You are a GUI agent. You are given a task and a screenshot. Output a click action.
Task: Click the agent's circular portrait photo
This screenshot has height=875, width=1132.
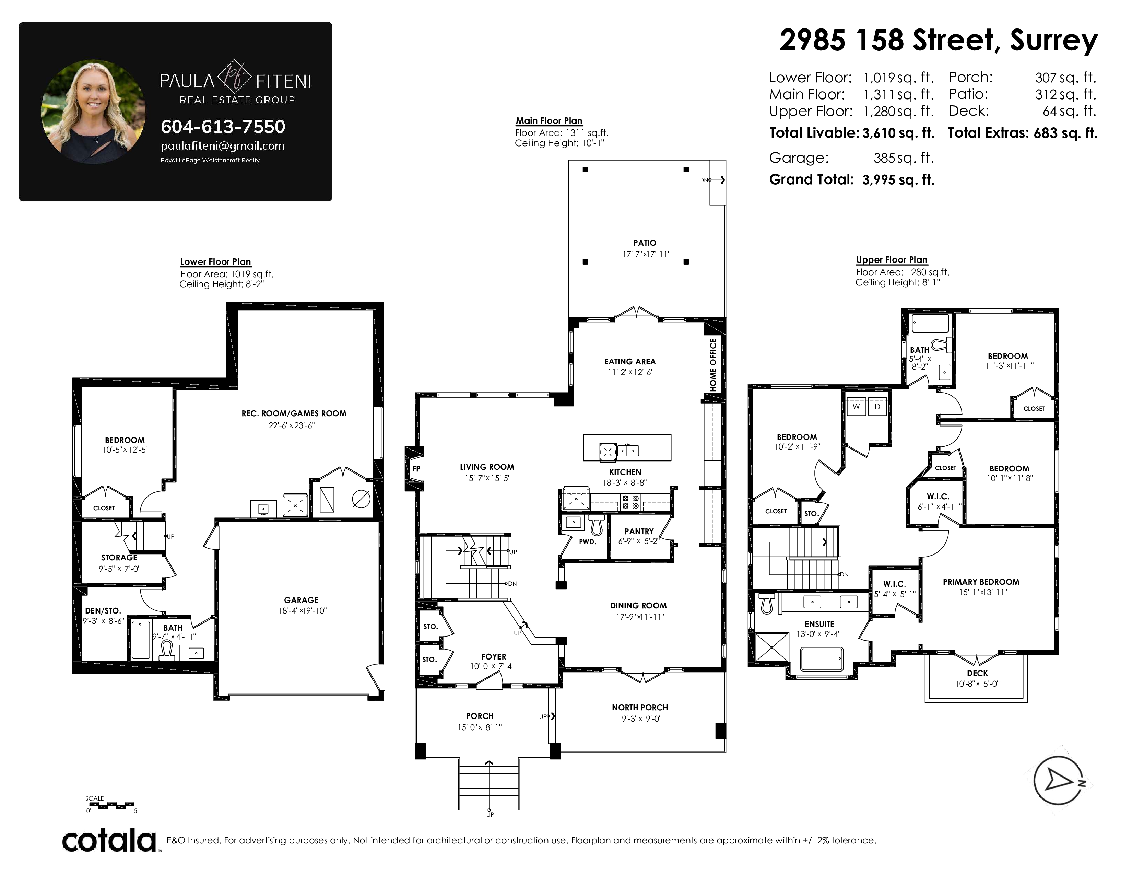93,112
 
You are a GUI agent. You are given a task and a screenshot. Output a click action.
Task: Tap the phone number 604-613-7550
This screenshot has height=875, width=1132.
223,127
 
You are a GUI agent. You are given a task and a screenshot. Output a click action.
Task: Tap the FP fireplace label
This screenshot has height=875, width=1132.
416,469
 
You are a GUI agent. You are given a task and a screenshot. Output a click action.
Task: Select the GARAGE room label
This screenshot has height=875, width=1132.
301,600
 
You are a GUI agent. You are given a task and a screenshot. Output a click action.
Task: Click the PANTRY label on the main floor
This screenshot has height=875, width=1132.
639,531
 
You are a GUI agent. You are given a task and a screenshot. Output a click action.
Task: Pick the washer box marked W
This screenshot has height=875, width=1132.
856,406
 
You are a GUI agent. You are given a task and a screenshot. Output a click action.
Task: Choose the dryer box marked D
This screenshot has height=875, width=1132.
877,406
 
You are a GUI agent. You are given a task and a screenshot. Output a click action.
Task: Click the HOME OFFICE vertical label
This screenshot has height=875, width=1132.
713,365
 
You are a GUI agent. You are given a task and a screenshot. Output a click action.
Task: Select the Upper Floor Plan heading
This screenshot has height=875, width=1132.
892,260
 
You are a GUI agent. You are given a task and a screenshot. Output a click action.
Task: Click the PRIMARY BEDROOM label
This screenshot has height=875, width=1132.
981,582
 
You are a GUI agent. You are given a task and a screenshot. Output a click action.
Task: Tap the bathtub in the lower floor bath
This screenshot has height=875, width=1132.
141,640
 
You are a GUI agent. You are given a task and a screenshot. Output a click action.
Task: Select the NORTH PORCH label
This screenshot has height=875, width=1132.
640,707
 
